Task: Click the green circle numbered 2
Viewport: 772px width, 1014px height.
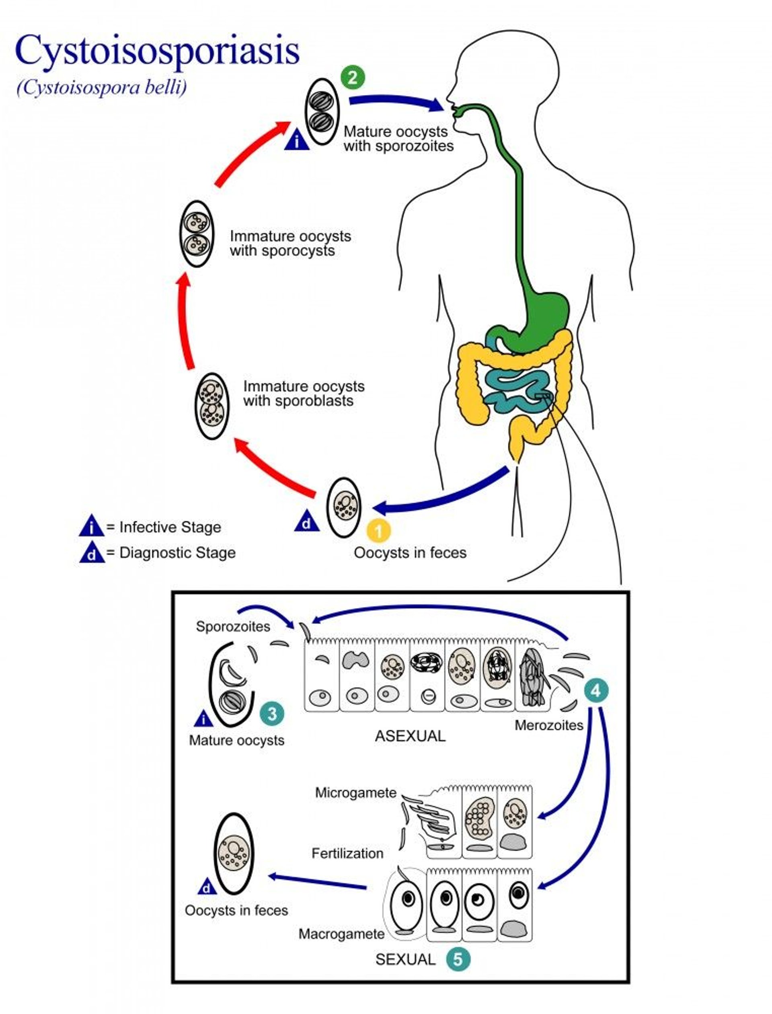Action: coord(353,77)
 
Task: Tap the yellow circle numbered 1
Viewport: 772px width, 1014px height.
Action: coord(378,531)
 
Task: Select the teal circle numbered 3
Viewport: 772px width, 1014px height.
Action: coord(272,714)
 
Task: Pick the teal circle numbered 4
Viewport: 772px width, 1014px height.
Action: coord(595,690)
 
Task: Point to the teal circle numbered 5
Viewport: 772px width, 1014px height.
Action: coord(458,959)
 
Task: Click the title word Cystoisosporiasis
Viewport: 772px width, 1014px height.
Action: coord(157,51)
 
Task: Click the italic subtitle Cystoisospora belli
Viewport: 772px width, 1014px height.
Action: coord(102,87)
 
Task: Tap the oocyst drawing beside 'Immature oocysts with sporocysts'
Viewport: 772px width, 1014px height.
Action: coord(197,234)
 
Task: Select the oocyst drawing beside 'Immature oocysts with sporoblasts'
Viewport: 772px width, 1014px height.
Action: coord(211,406)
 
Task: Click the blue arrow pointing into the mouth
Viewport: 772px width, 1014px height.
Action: coord(395,102)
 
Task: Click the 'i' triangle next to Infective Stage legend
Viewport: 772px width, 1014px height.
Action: coord(91,526)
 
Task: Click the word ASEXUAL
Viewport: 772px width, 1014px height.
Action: coord(410,736)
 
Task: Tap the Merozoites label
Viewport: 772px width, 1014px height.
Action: coord(549,725)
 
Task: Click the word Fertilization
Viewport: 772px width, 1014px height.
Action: coord(347,853)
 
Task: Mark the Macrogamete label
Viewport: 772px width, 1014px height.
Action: coord(341,934)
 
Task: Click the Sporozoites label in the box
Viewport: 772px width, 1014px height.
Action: coord(232,626)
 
